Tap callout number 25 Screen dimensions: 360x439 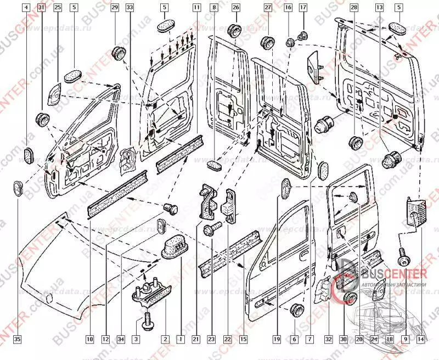pos(58,8)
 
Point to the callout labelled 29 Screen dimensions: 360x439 pos(114,8)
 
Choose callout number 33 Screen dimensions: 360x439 pos(130,8)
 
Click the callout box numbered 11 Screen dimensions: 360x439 pos(196,8)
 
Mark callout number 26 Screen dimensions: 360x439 pos(235,8)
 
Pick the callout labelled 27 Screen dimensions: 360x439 pos(268,8)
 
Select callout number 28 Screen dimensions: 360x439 pos(353,8)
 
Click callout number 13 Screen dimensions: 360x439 pos(379,8)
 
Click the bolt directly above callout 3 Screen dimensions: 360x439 pos(150,319)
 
